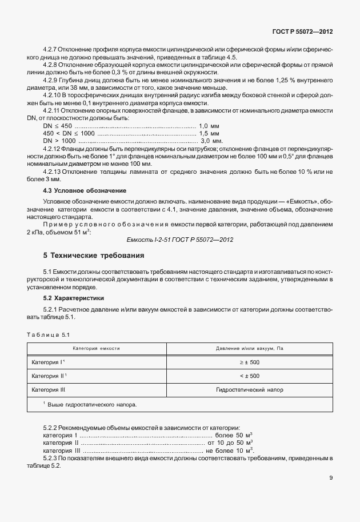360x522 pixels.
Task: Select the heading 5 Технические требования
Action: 94,254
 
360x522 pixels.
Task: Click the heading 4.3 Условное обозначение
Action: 85,190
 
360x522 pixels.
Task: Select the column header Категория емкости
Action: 96,348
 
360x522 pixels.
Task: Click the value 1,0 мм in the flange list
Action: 209,126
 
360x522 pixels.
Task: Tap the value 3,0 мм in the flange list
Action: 211,141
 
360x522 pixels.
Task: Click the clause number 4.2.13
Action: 54,172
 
